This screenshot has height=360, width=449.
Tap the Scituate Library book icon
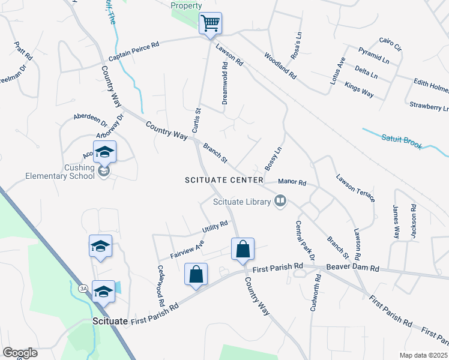(x=280, y=201)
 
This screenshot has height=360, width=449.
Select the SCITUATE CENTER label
(x=224, y=180)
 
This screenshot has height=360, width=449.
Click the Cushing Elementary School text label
(x=60, y=172)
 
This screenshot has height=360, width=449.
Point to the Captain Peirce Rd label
(x=133, y=52)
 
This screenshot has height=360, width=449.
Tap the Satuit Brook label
(x=402, y=142)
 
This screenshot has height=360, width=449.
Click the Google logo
(x=20, y=352)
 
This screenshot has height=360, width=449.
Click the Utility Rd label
(x=215, y=227)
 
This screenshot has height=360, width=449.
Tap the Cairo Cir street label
(x=390, y=44)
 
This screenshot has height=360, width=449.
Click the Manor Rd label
(x=292, y=181)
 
